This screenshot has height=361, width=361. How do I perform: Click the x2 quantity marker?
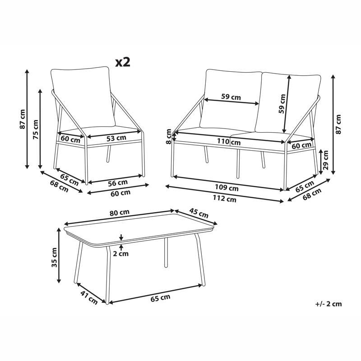122,62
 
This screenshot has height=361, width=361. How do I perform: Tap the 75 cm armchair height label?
36,129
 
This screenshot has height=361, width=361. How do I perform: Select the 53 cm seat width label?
116,138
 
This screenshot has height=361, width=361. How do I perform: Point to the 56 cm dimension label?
118,183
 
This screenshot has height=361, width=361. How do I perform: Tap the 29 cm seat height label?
325,161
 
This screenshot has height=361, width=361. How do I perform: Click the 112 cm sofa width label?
225,199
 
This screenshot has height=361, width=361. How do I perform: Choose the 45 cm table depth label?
199,213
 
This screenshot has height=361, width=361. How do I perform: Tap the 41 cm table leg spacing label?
88,298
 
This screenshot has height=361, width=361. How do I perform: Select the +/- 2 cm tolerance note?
329,304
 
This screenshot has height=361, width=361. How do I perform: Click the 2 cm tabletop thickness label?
121,254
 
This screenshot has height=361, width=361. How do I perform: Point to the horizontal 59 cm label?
231,97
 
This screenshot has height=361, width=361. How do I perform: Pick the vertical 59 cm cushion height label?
282,104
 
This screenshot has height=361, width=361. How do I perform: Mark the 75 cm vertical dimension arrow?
41,129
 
